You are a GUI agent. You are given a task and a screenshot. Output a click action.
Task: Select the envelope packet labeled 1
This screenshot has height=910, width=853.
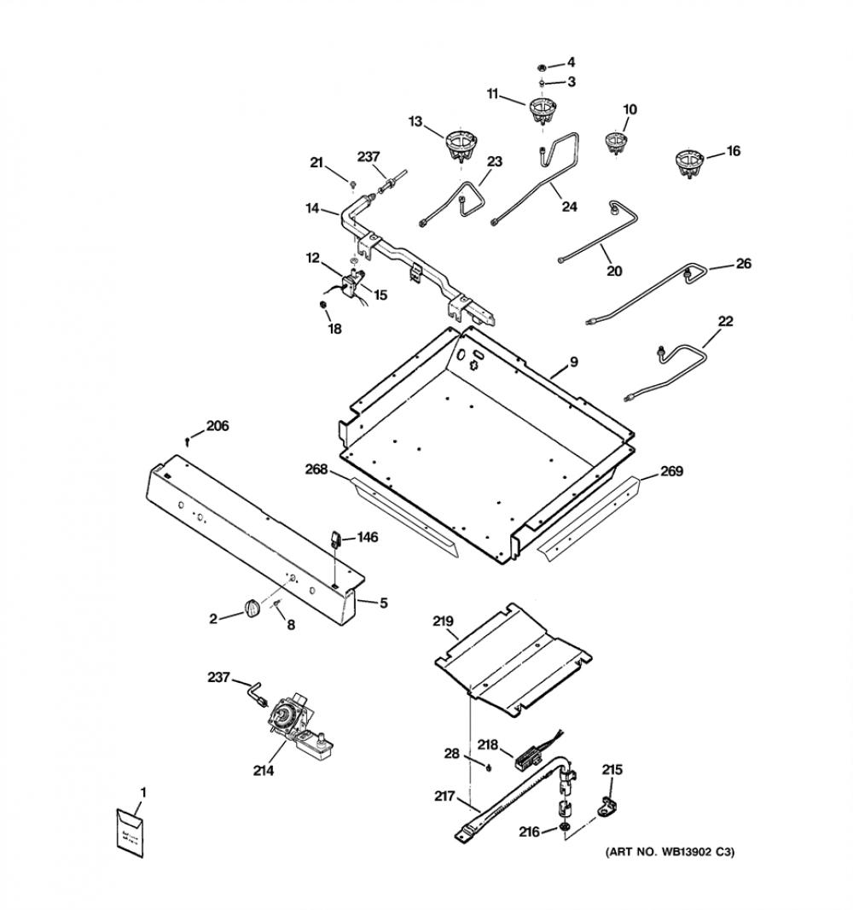point(130,831)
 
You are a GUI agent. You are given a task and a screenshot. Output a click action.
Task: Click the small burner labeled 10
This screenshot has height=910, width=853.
point(617,143)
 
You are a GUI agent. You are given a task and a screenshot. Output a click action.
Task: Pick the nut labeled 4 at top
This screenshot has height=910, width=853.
point(541,67)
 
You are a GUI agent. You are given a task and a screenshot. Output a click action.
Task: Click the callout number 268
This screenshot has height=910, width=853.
point(316,470)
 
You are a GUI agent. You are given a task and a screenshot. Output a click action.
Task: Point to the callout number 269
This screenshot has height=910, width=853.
point(671,470)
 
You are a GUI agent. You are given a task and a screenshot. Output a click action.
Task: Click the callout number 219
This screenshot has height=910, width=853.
point(443,621)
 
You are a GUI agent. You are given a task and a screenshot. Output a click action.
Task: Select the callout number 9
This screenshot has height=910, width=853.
point(573,362)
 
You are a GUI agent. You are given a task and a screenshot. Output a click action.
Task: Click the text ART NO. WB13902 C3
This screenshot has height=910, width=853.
point(670,853)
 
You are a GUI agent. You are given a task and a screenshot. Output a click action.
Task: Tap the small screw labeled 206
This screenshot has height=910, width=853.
point(188,442)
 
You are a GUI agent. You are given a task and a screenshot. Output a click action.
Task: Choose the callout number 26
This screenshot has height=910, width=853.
point(744,264)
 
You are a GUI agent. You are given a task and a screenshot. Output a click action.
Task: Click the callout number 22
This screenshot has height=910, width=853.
point(725,321)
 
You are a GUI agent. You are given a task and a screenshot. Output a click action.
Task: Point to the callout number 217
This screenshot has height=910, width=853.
point(444,796)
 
